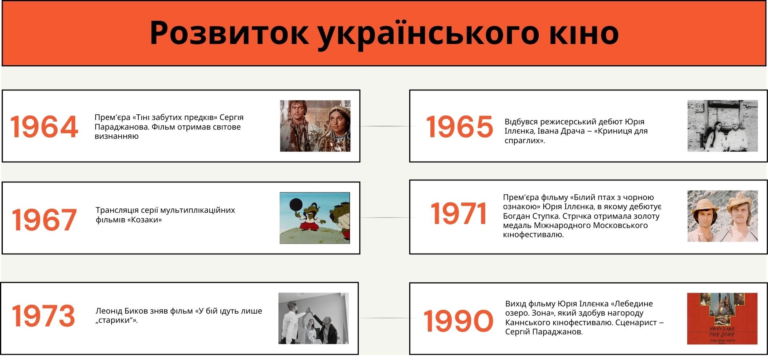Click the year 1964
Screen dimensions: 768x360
click(x=44, y=127)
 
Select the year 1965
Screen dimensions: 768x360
click(x=459, y=127)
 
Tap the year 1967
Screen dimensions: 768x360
click(x=44, y=220)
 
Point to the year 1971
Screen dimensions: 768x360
click(x=458, y=213)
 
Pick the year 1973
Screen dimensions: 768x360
click(x=43, y=316)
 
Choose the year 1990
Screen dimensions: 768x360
click(x=458, y=321)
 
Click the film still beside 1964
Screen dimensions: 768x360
click(x=315, y=126)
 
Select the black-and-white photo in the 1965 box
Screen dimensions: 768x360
click(x=722, y=126)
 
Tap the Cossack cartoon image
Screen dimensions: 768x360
click(x=315, y=218)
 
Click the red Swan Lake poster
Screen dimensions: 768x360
click(x=722, y=319)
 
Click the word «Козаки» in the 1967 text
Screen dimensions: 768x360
click(x=144, y=220)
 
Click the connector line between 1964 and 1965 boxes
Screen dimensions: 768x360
click(x=385, y=126)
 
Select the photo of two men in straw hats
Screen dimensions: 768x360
click(x=722, y=216)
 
